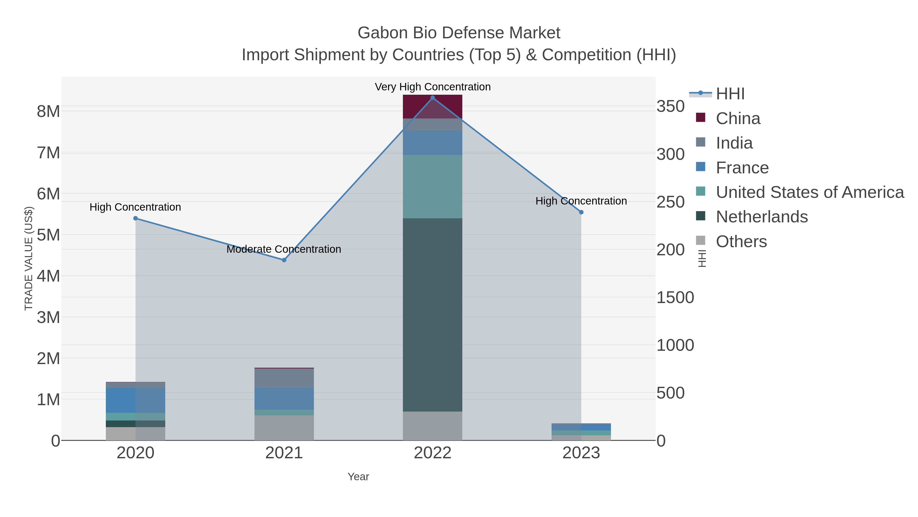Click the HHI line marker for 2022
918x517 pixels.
(x=433, y=98)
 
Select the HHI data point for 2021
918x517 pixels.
(x=284, y=260)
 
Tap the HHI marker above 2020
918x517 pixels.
(x=135, y=218)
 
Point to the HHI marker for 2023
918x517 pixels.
(x=581, y=212)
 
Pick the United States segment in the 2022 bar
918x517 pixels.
(x=433, y=187)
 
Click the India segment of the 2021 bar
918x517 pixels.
(x=284, y=378)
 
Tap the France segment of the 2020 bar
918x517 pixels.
(x=135, y=400)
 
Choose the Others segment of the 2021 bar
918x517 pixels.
(x=284, y=428)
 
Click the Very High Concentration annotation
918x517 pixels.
(x=433, y=87)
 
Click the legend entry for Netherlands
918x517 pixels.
(x=761, y=217)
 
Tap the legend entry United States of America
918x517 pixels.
(x=809, y=192)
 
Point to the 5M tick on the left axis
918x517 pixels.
(x=48, y=235)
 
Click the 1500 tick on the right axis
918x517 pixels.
(x=675, y=298)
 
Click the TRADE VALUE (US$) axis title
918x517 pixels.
(x=29, y=258)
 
